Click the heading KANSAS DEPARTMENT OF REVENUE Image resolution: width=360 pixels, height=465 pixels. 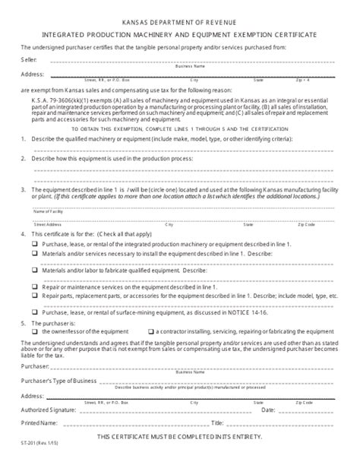179,22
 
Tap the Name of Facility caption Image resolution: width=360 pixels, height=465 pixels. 49,213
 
